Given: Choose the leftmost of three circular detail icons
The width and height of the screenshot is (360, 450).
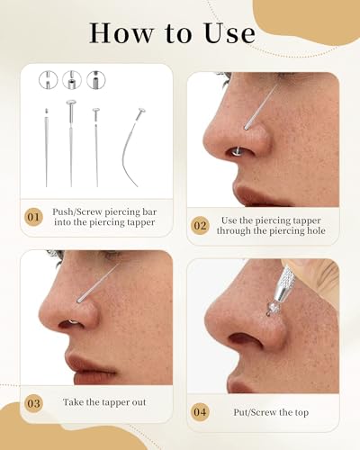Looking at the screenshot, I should (49, 80).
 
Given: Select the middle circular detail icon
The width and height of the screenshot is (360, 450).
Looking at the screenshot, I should (72, 80).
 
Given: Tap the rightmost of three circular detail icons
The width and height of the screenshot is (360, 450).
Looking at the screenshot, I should (95, 80).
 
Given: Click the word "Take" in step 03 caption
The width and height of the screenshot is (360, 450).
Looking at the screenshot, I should (78, 402).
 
